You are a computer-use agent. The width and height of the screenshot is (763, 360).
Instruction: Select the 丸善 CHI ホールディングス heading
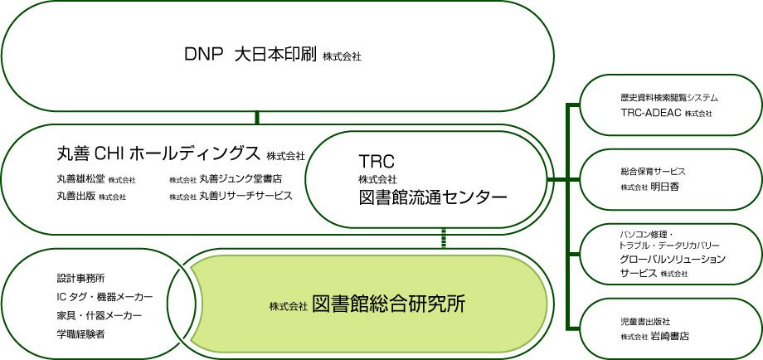pyautogui.click(x=158, y=153)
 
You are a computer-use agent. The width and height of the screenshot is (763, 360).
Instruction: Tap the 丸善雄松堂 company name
pyautogui.click(x=80, y=178)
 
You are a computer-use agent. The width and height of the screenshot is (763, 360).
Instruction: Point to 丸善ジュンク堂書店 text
pyautogui.click(x=241, y=178)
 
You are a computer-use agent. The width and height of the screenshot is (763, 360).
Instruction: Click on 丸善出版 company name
pyautogui.click(x=76, y=196)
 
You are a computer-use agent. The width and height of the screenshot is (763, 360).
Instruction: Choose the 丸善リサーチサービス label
pyautogui.click(x=245, y=196)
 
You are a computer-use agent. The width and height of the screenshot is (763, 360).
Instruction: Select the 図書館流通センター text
pyautogui.click(x=433, y=197)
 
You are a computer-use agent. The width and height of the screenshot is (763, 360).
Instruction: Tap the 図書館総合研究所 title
pyautogui.click(x=388, y=304)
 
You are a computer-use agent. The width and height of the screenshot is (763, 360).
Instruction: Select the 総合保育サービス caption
pyautogui.click(x=653, y=171)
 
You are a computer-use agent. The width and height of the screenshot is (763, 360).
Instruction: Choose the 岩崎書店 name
pyautogui.click(x=669, y=336)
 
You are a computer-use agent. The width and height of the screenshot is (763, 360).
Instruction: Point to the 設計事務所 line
pyautogui.click(x=80, y=279)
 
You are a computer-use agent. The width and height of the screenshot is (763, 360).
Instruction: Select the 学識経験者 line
pyautogui.click(x=80, y=334)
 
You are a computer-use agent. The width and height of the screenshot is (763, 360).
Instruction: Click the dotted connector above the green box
pyautogui.click(x=444, y=238)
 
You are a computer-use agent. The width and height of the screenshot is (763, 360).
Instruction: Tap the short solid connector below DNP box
pyautogui.click(x=257, y=118)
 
